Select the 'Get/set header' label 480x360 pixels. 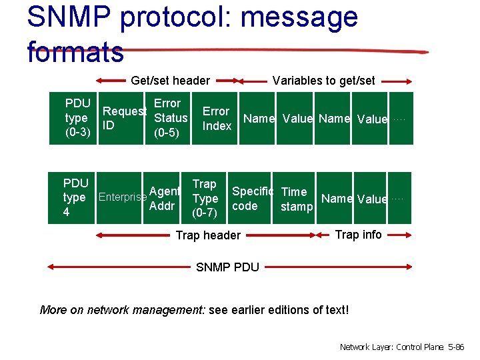click(x=170, y=81)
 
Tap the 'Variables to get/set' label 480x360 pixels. click(x=323, y=81)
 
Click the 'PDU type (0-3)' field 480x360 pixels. click(x=78, y=118)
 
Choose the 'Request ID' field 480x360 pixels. click(x=124, y=119)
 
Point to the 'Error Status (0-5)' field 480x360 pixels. click(x=167, y=118)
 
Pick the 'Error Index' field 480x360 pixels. click(x=217, y=119)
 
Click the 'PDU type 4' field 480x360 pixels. click(x=75, y=197)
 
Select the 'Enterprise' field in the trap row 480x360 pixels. click(x=122, y=197)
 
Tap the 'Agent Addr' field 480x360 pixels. click(x=164, y=198)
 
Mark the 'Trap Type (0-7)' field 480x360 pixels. click(x=205, y=198)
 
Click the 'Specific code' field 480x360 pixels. click(x=252, y=199)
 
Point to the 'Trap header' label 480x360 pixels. click(x=208, y=235)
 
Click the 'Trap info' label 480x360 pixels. click(x=358, y=234)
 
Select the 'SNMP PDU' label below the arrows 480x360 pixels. click(x=227, y=267)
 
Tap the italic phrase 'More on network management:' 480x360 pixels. click(x=123, y=309)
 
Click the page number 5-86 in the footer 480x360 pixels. click(x=457, y=347)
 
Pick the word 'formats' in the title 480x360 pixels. click(x=75, y=51)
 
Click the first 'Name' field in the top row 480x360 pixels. click(x=259, y=119)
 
